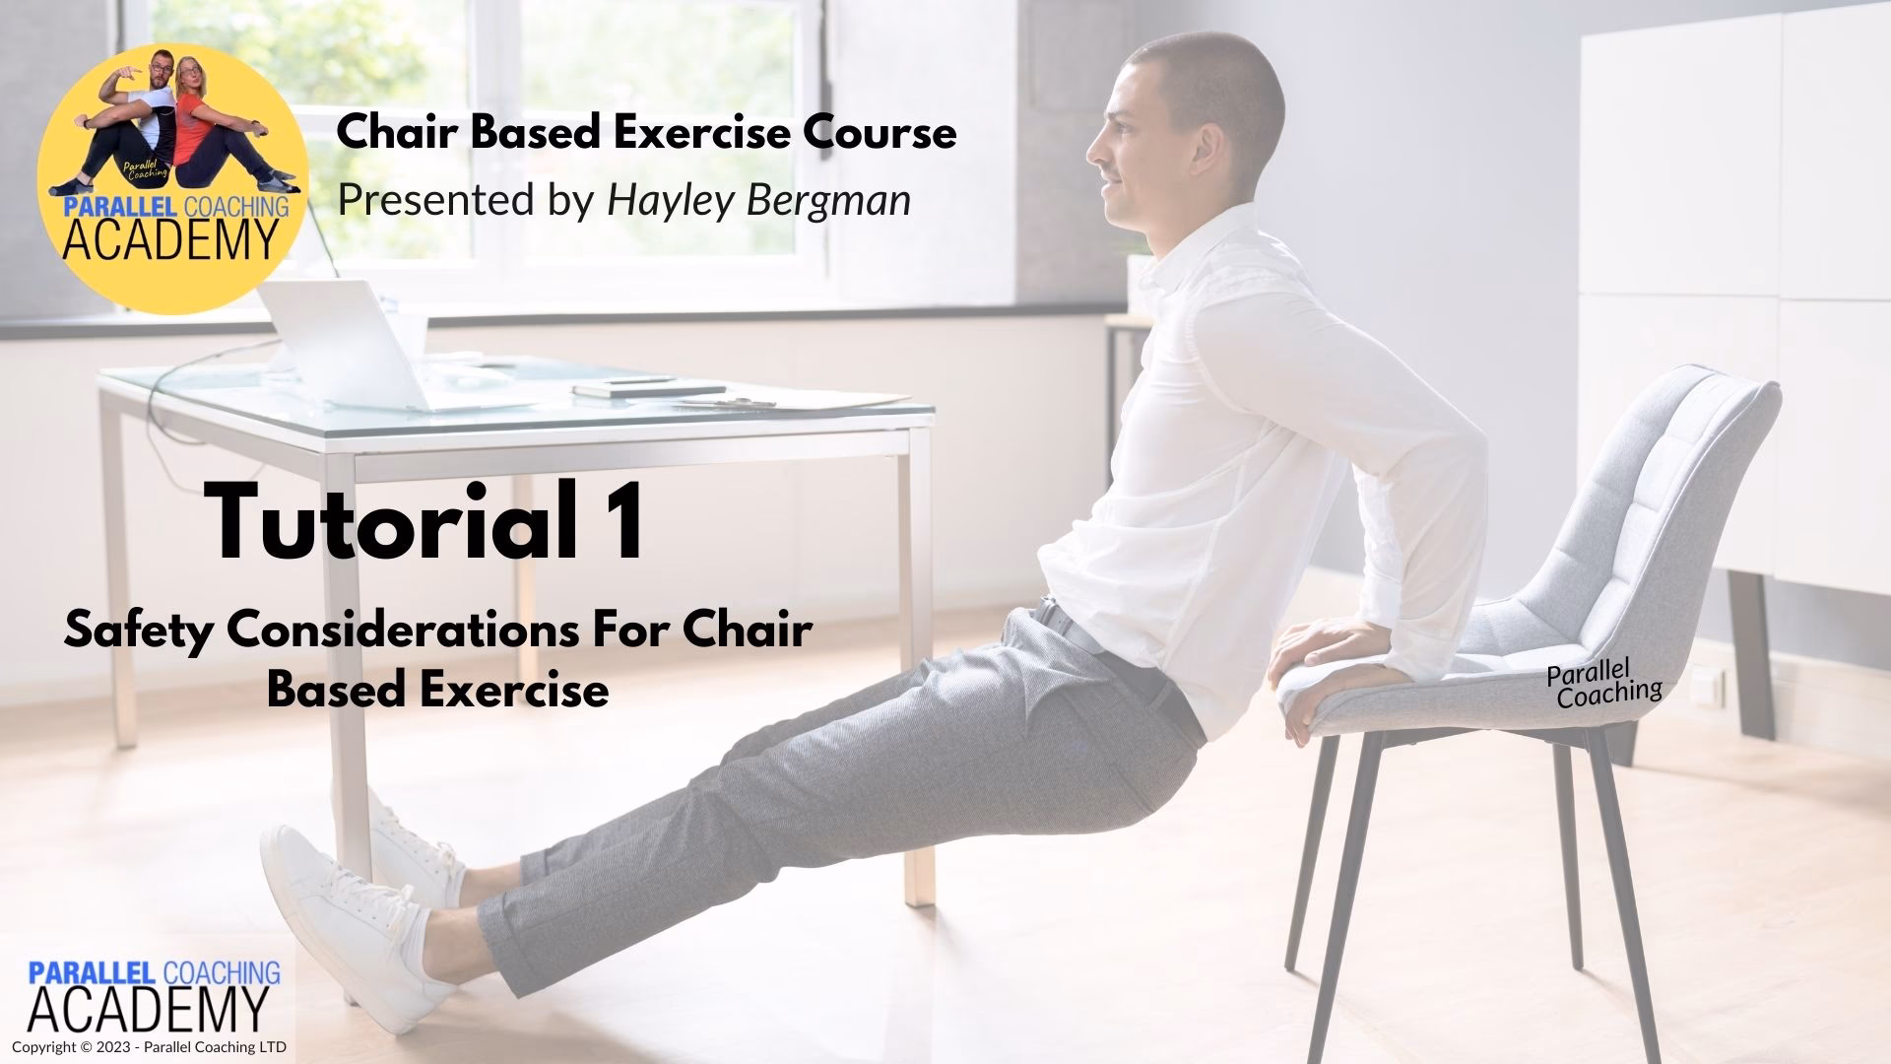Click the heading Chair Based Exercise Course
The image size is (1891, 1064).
point(646,132)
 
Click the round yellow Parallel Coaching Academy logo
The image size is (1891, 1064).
point(173,177)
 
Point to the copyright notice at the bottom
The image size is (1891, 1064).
point(149,1047)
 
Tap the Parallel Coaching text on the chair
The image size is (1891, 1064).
point(1603,684)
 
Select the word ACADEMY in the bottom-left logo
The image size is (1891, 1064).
point(148,1009)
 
